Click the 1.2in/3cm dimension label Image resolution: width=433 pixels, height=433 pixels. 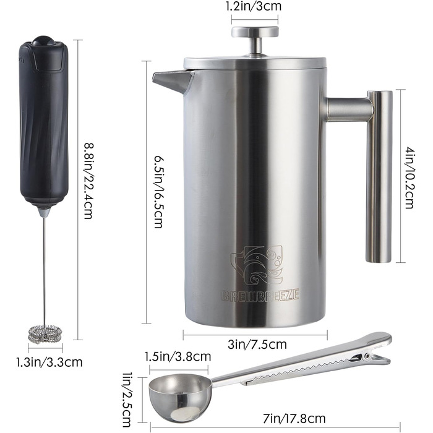(254, 6)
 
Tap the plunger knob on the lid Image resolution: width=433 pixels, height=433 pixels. (255, 32)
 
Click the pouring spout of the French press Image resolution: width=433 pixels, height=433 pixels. (173, 82)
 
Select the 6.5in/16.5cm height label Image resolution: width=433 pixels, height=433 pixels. (159, 192)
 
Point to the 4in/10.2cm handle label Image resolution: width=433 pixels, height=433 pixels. (409, 177)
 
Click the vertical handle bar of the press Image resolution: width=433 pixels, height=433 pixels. (379, 176)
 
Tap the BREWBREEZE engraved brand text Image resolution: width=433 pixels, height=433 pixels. (260, 296)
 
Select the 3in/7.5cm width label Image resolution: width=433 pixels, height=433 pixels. (257, 344)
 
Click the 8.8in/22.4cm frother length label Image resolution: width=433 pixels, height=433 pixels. (88, 181)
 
